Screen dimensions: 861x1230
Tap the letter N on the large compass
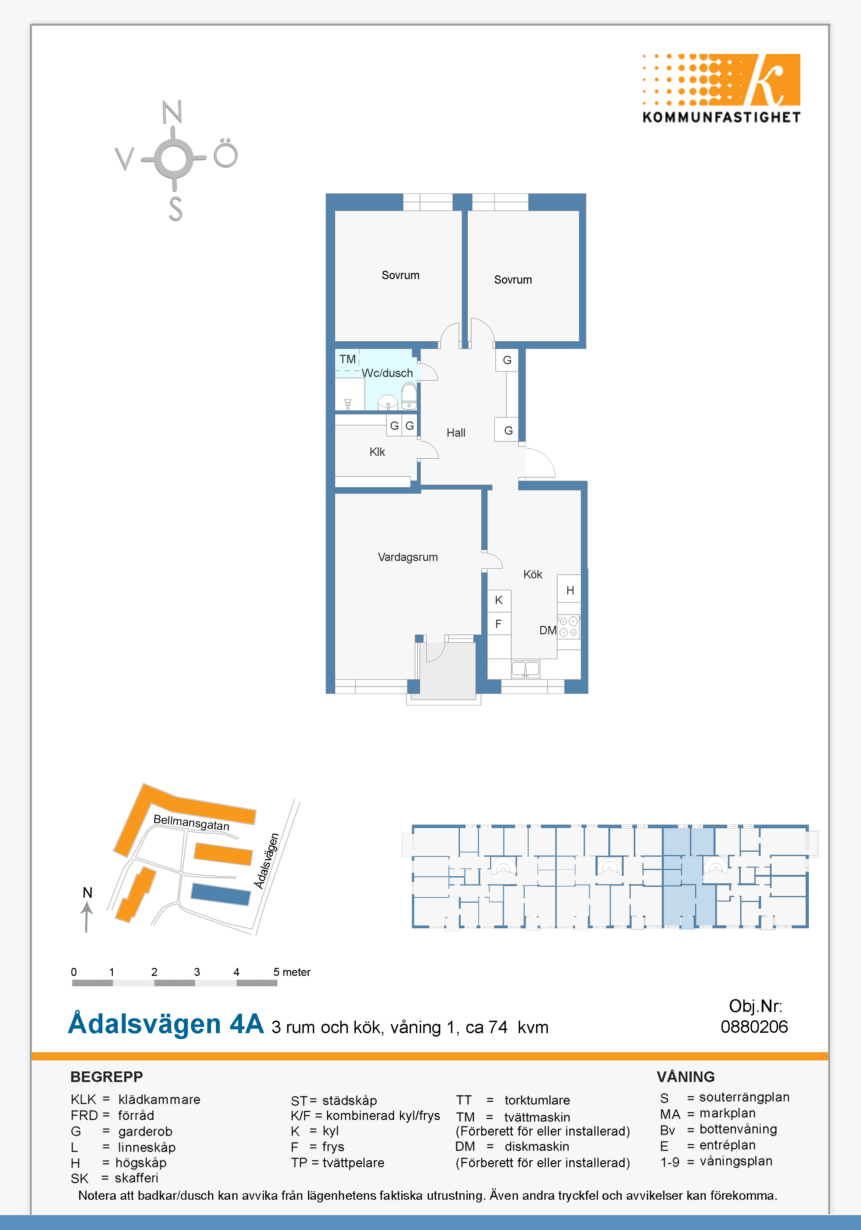click(x=172, y=112)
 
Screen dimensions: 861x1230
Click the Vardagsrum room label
click(x=408, y=557)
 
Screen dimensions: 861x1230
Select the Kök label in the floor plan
click(x=533, y=574)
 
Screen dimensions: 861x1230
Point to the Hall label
click(x=456, y=433)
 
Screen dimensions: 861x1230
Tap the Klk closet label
click(x=377, y=452)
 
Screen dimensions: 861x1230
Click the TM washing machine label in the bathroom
click(x=347, y=359)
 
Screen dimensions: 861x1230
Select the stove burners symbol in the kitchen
click(x=568, y=627)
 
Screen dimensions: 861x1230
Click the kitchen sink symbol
click(x=525, y=669)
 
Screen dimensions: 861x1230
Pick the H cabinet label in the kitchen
click(x=570, y=591)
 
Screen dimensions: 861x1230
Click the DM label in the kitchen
click(x=547, y=630)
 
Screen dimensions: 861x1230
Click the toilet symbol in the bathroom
click(x=409, y=396)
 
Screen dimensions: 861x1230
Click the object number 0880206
click(x=754, y=1027)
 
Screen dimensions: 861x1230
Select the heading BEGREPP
click(x=107, y=1077)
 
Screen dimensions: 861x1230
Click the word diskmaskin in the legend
click(x=537, y=1146)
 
